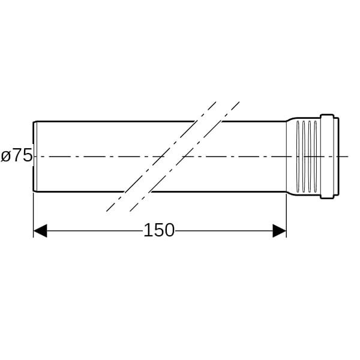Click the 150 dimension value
pyautogui.click(x=159, y=230)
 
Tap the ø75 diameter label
pyautogui.click(x=17, y=155)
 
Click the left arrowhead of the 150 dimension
pyautogui.click(x=40, y=231)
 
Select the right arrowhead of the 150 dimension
pyautogui.click(x=280, y=231)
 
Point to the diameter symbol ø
pyautogui.click(x=6, y=156)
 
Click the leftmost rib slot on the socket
pyautogui.click(x=298, y=157)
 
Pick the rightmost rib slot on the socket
pyautogui.click(x=315, y=157)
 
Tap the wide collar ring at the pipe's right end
pyautogui.click(x=327, y=157)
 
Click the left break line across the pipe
pyautogui.click(x=161, y=157)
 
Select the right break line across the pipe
pyautogui.click(x=185, y=157)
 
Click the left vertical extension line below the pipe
pyautogui.click(x=34, y=215)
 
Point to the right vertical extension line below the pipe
pyautogui.click(x=286, y=215)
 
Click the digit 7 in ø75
pyautogui.click(x=17, y=155)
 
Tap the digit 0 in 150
pyautogui.click(x=169, y=230)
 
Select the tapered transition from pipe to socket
pyautogui.click(x=291, y=157)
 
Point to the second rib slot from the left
pyautogui.click(x=304, y=157)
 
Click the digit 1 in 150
pyautogui.click(x=148, y=230)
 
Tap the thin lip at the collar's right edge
pyautogui.click(x=337, y=157)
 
